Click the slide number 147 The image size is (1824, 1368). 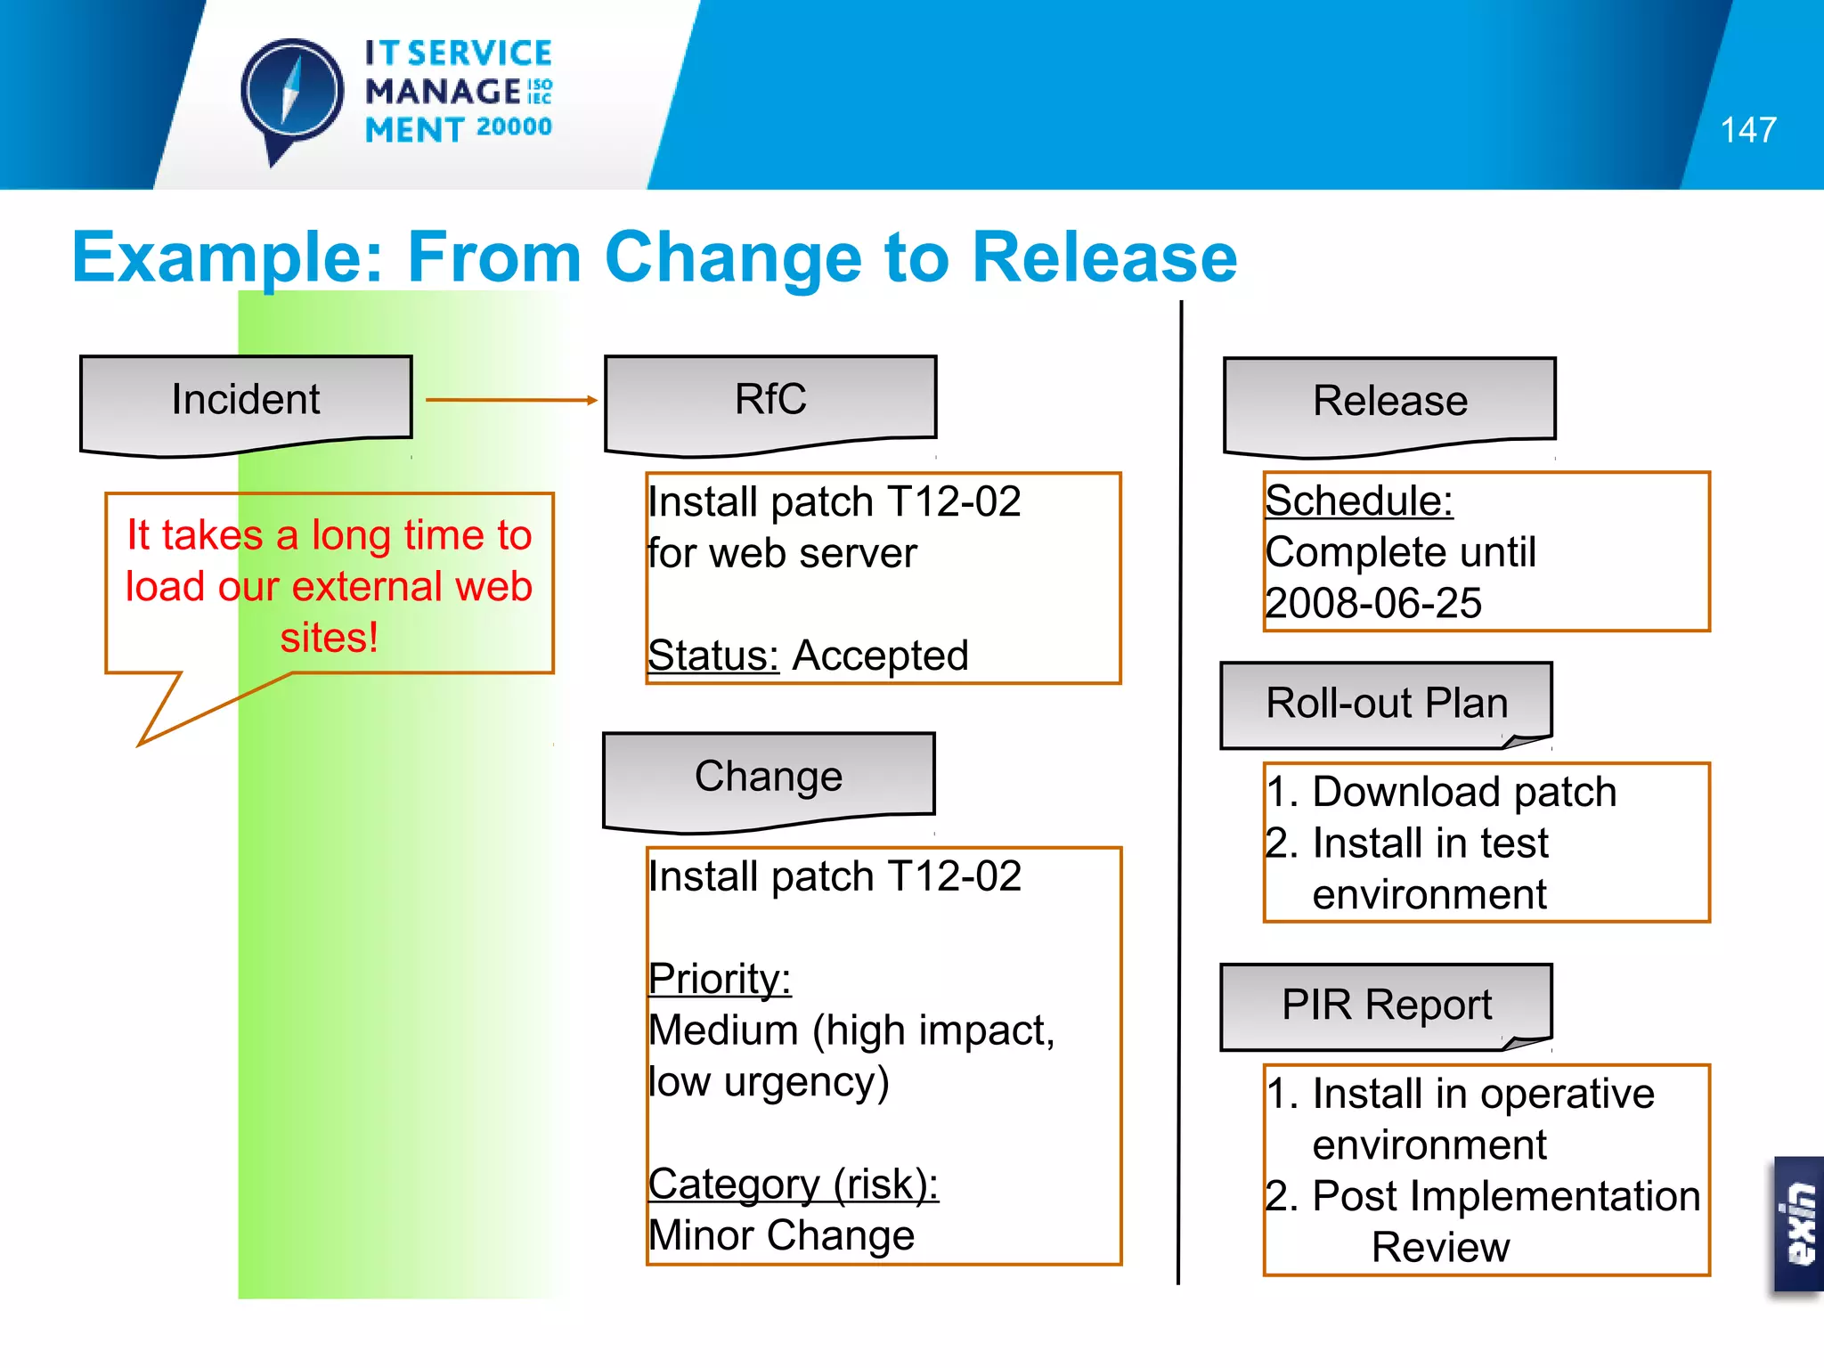[x=1747, y=130]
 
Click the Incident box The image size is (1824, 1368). [x=246, y=400]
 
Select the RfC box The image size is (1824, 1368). [x=770, y=400]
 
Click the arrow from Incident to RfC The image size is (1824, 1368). [x=511, y=400]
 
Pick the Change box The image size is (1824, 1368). [x=769, y=777]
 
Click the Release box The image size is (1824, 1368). [x=1389, y=402]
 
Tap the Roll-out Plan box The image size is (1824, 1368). [x=1386, y=704]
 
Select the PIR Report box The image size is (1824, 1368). [x=1386, y=1006]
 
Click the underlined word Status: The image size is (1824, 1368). [x=713, y=656]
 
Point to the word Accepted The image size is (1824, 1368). [x=880, y=656]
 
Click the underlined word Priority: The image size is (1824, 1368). [x=720, y=980]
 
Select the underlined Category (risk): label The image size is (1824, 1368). [x=793, y=1185]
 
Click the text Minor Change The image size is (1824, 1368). [x=781, y=1236]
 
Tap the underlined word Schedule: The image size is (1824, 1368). [x=1358, y=501]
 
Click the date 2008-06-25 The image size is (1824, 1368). [x=1373, y=604]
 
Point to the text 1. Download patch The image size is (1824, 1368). [x=1440, y=792]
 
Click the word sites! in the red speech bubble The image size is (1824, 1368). [x=330, y=638]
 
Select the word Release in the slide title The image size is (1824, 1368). [x=1104, y=257]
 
